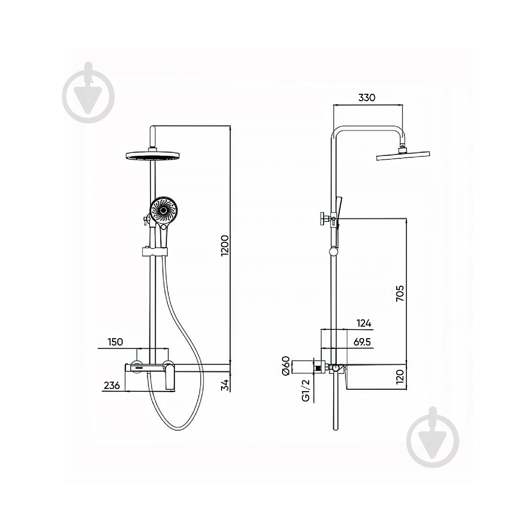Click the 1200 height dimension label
pyautogui.click(x=225, y=245)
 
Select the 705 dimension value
pyautogui.click(x=400, y=294)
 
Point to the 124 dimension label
pyautogui.click(x=364, y=323)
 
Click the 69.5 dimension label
pyautogui.click(x=362, y=342)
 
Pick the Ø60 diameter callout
pyautogui.click(x=286, y=366)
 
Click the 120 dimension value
pyautogui.click(x=400, y=377)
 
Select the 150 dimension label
pyautogui.click(x=115, y=342)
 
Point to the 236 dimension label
pyautogui.click(x=112, y=385)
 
